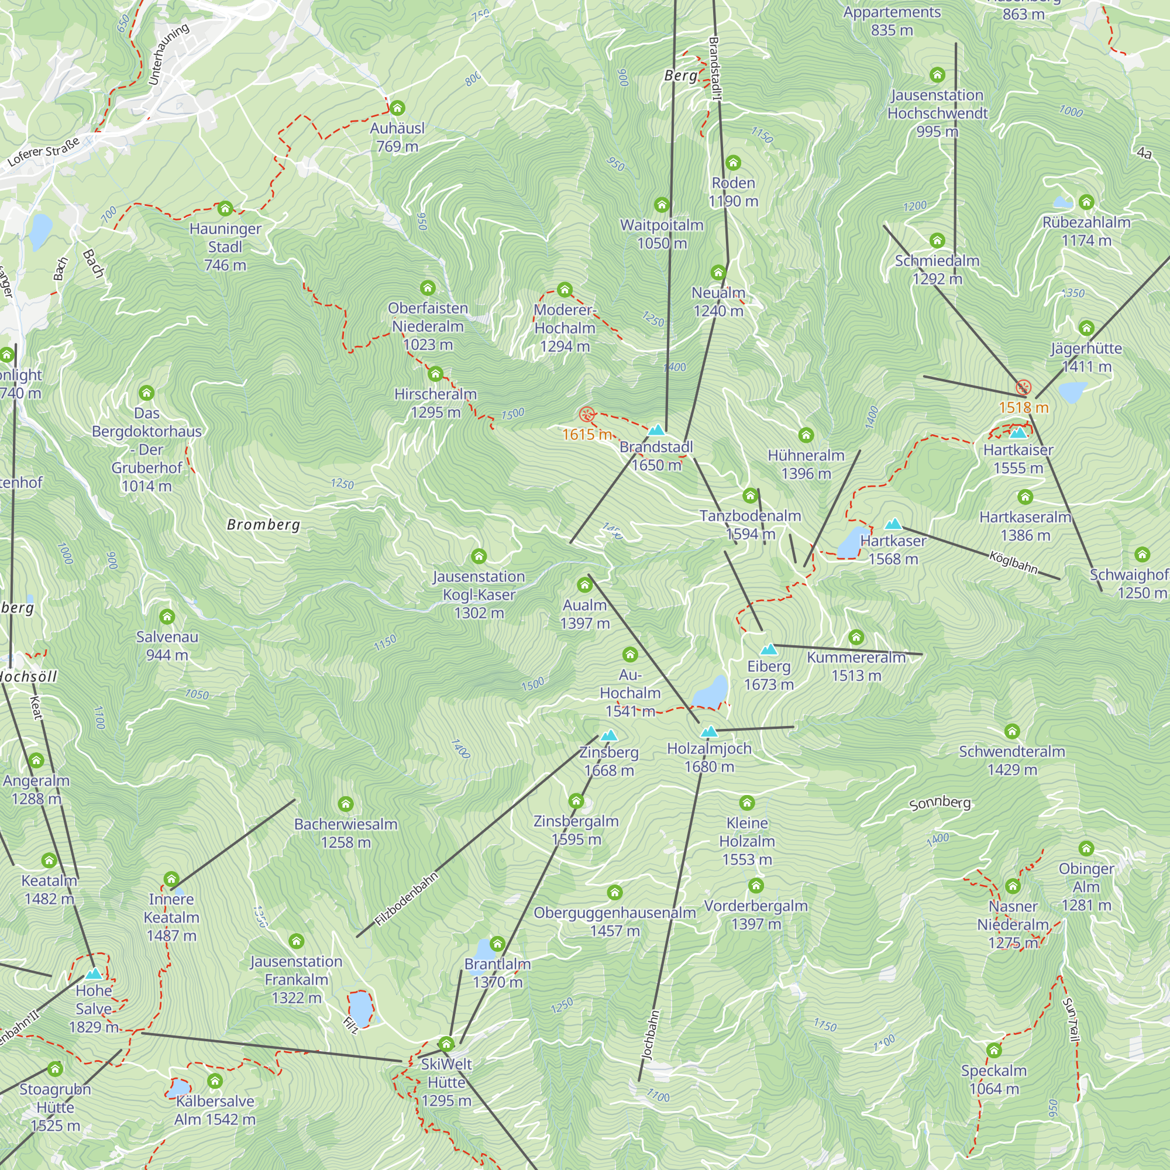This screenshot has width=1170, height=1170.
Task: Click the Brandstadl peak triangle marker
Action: [x=656, y=431]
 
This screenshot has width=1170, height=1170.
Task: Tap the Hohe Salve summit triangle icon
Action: [x=93, y=974]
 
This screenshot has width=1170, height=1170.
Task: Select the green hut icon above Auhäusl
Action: [x=397, y=108]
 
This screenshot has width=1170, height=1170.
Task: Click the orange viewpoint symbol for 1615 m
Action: [x=586, y=415]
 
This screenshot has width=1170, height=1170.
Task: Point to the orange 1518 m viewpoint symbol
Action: [x=1023, y=387]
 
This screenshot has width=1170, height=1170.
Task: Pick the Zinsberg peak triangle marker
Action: [x=608, y=735]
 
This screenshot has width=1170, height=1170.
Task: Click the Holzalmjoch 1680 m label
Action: [x=709, y=758]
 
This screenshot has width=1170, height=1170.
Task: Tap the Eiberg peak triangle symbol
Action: [x=769, y=650]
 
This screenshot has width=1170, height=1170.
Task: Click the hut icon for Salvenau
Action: [x=167, y=617]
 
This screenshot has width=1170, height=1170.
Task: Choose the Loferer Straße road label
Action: [x=44, y=152]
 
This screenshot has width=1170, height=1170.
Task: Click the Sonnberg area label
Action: [x=940, y=803]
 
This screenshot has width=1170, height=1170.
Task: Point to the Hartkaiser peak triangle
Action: [x=1018, y=432]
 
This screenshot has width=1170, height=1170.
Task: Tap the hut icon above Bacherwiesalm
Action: [x=346, y=804]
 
